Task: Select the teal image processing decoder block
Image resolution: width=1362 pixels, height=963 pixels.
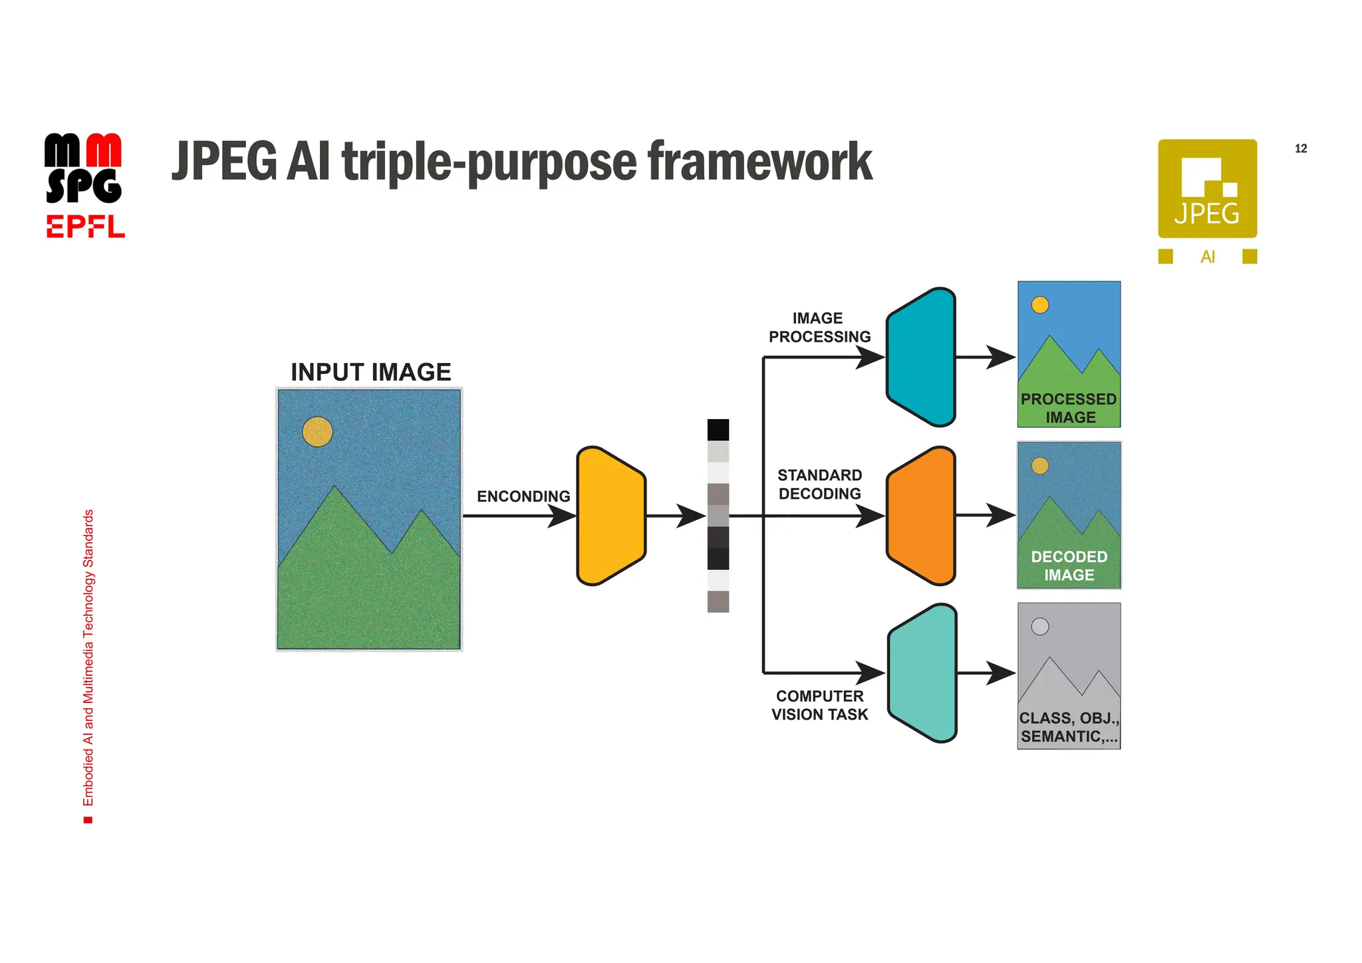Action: (x=922, y=358)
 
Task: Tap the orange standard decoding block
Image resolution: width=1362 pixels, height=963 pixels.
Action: (x=922, y=516)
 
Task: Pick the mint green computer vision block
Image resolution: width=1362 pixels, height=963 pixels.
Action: (x=923, y=673)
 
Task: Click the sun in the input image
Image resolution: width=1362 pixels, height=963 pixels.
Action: (x=317, y=432)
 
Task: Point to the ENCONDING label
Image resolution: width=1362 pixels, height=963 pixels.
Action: (x=523, y=496)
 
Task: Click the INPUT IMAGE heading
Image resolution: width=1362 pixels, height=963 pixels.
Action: (x=371, y=372)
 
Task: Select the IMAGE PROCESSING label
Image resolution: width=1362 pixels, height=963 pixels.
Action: (x=819, y=327)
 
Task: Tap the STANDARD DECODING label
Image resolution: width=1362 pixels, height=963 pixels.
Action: (x=819, y=484)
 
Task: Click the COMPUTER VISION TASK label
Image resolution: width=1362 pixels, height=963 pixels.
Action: (x=819, y=705)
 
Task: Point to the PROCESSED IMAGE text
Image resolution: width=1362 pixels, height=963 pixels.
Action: (x=1069, y=408)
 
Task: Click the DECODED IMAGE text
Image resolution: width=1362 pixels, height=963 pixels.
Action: (x=1069, y=565)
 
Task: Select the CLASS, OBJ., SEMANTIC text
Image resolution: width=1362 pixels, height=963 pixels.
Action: (x=1069, y=727)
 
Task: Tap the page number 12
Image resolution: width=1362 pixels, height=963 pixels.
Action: (x=1301, y=148)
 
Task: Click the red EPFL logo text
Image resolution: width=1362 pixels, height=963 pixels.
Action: (x=85, y=227)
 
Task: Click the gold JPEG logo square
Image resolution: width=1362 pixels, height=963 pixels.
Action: (x=1207, y=188)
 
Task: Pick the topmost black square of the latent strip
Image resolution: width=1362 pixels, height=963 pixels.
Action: (x=718, y=430)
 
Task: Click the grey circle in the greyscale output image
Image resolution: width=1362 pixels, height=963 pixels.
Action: (x=1039, y=626)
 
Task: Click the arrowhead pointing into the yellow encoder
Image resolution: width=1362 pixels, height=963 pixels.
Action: (x=563, y=515)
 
